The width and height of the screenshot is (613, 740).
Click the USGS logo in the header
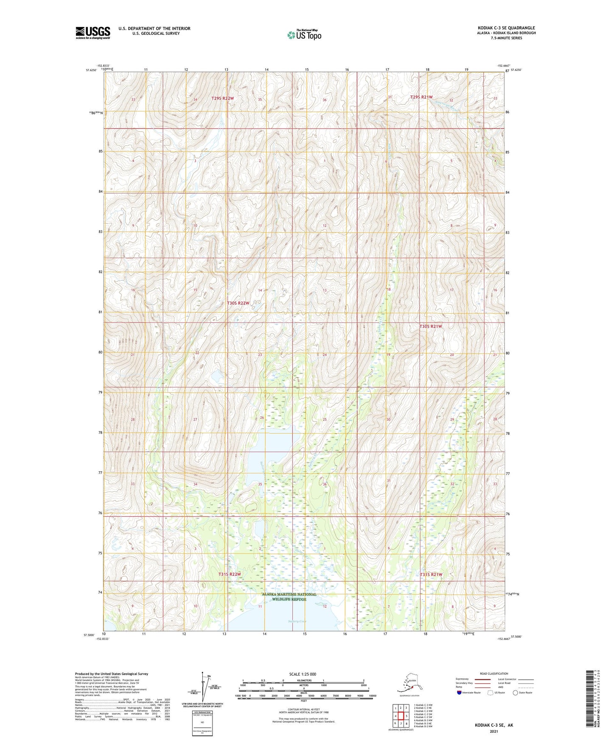[92, 33]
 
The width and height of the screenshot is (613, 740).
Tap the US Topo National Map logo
[304, 34]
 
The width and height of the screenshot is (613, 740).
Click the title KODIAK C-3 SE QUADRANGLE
[506, 28]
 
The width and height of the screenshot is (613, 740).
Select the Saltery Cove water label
[297, 621]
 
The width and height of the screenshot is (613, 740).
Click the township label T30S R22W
[238, 303]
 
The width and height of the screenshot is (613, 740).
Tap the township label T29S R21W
[421, 97]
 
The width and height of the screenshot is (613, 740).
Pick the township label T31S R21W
[431, 574]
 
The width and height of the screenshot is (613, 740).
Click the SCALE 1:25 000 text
[303, 674]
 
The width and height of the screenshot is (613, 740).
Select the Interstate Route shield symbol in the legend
[459, 693]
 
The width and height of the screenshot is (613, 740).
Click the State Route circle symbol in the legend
[515, 693]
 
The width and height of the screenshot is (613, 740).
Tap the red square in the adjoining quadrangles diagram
[400, 716]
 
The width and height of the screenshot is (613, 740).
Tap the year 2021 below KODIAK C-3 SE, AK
[494, 732]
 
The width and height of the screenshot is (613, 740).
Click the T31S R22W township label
[230, 574]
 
